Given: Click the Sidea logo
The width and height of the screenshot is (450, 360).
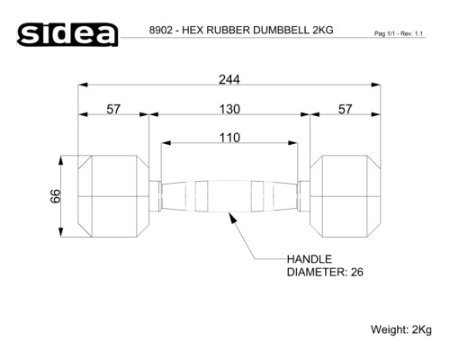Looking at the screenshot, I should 68,33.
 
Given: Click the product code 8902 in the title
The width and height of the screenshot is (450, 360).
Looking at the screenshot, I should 163,30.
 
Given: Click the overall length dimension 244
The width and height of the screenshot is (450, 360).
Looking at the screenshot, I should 229,78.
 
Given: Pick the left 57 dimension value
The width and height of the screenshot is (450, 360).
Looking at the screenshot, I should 113,109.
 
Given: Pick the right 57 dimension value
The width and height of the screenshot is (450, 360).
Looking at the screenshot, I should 345,109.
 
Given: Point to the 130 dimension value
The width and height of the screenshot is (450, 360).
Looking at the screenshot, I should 229,109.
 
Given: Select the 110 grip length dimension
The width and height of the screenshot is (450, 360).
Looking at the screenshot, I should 229,138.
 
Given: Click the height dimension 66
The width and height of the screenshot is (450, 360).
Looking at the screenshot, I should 56,196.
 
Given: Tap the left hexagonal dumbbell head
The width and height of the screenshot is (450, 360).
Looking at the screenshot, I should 113,195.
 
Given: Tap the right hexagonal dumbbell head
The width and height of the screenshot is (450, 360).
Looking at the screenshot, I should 346,195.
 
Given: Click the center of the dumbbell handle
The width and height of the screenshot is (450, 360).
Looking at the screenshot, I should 229,195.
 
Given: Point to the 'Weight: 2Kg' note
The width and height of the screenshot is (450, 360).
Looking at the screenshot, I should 401,329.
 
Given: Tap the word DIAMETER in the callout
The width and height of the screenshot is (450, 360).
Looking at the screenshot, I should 314,273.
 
